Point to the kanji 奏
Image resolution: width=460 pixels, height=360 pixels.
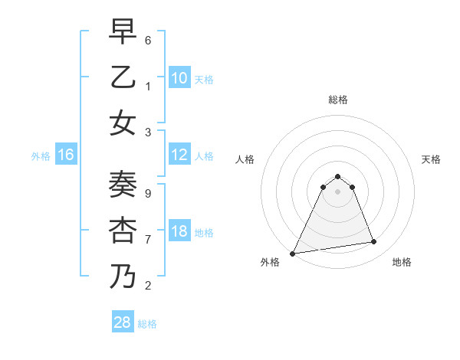pos(123,184)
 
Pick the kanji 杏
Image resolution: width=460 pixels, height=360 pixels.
pos(123,230)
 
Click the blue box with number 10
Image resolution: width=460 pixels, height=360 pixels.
pos(179,78)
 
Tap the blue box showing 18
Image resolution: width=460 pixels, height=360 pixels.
pos(179,232)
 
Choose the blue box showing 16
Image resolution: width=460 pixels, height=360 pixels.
pos(66,155)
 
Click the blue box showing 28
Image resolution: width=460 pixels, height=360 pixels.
pos(122,322)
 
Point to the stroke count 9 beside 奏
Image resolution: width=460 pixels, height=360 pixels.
pos(148,193)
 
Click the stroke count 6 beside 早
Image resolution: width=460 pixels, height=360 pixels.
pos(148,39)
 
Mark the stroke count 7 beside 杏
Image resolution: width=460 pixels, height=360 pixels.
pos(148,239)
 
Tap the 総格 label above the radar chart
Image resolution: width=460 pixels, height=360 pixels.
pos(337,100)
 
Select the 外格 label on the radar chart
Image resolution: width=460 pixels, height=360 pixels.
pos(270,263)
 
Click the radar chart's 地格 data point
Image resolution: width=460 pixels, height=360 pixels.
pos(374,242)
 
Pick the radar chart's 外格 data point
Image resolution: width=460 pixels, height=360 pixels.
pos(293,254)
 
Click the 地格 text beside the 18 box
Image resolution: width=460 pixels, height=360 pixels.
pos(204,233)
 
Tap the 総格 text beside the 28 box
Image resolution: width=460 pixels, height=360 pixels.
pos(147,324)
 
